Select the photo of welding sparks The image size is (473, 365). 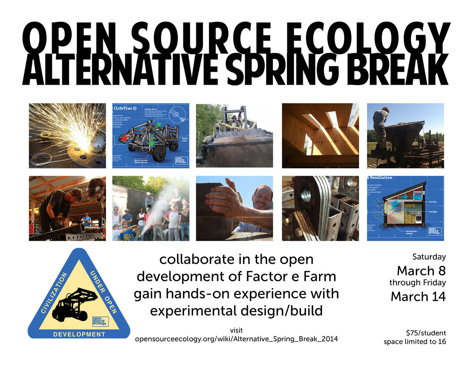click(67, 135)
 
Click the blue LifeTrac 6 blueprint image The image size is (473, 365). click(151, 135)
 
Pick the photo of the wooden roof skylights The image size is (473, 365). click(320, 135)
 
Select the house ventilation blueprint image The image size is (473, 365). click(406, 208)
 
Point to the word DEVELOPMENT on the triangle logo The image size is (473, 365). click(79, 334)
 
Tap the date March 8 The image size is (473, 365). click(421, 271)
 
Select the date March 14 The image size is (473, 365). click(418, 296)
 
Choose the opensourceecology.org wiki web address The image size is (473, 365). click(236, 339)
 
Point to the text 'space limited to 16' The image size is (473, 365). click(415, 341)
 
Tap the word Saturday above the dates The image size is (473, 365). click(429, 257)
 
